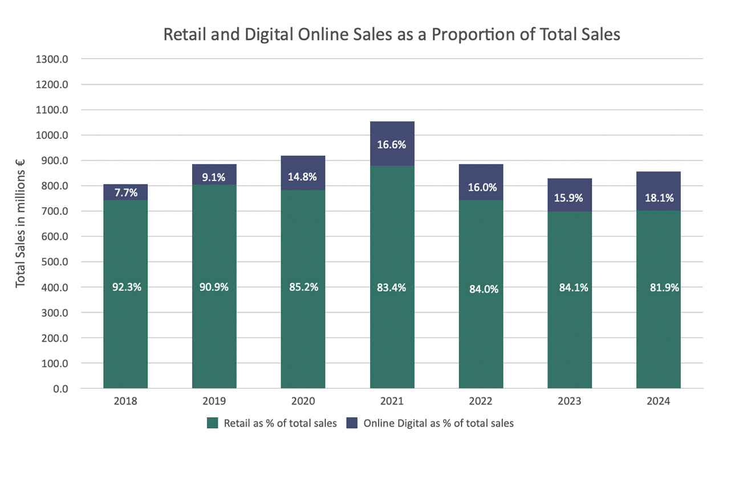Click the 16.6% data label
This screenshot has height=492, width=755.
pos(392,145)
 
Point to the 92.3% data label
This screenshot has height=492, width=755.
pos(126,287)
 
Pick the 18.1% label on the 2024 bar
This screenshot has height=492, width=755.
pos(659,198)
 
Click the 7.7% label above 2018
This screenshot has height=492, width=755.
pos(125,192)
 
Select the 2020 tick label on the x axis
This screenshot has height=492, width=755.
pos(303,401)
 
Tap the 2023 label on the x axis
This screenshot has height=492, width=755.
pos(569,401)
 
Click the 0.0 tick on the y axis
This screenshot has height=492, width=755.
pos(61,389)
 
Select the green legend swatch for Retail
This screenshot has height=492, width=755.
pos(213,423)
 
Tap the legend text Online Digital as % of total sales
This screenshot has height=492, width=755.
pos(438,423)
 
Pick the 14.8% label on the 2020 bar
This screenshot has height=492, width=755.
pos(303,177)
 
